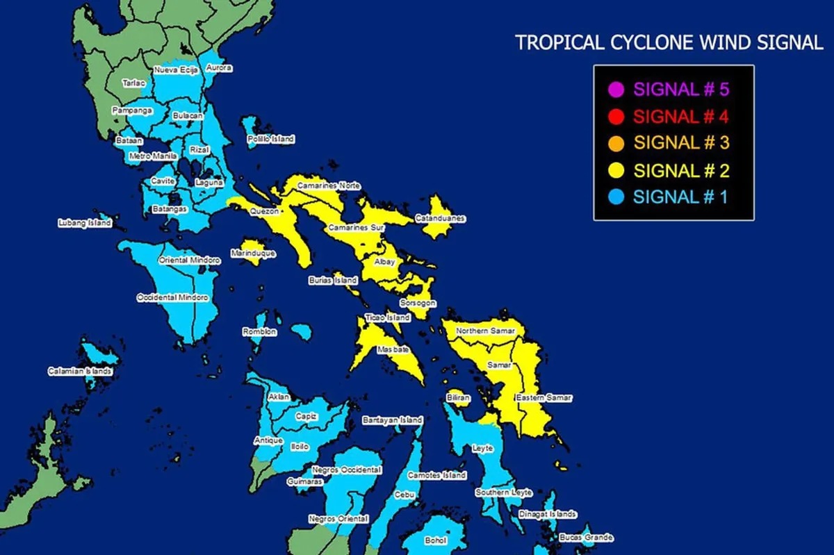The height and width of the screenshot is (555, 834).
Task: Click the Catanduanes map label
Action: tap(440, 219)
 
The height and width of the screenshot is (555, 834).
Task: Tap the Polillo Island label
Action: tap(271, 140)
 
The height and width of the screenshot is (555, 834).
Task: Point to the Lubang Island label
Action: tap(84, 224)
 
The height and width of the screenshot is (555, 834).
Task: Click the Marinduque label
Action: tap(253, 254)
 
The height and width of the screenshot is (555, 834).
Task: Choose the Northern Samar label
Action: tap(485, 331)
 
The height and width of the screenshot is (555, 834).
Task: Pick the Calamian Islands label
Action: tap(79, 372)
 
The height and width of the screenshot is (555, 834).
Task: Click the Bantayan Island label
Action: tap(392, 421)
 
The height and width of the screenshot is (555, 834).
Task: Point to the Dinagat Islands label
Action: tap(547, 515)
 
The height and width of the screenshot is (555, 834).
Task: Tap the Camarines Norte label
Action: tap(329, 186)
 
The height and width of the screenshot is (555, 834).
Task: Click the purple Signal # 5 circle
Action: tap(614, 90)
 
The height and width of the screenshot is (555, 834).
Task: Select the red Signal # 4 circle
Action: tap(614, 116)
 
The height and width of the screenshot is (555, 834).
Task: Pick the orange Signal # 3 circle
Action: tap(614, 143)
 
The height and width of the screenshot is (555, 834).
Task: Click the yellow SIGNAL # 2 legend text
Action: tap(682, 170)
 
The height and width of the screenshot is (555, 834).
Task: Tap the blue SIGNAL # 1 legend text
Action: tap(680, 197)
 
